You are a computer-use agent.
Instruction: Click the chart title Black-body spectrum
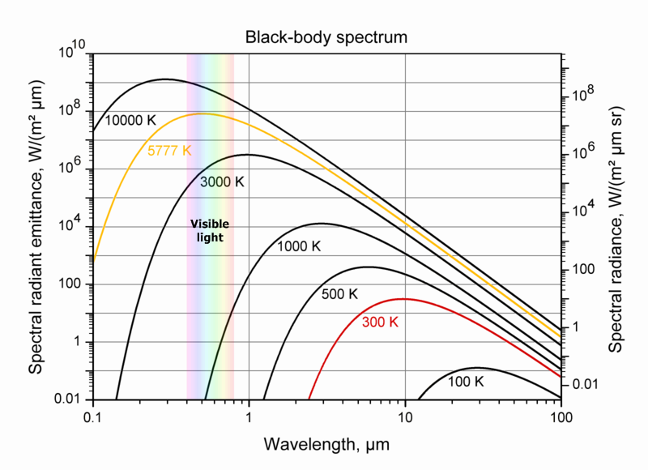(x=326, y=37)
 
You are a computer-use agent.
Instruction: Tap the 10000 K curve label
(x=131, y=120)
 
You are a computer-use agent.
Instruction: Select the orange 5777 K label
(x=169, y=151)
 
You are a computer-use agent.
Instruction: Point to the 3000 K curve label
(x=222, y=182)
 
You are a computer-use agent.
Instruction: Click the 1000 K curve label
(x=299, y=246)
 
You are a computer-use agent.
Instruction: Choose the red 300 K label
(x=380, y=322)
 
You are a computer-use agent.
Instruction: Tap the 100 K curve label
(x=464, y=381)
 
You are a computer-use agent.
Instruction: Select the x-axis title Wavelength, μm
(x=327, y=444)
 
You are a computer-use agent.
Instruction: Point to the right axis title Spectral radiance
(x=616, y=229)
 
